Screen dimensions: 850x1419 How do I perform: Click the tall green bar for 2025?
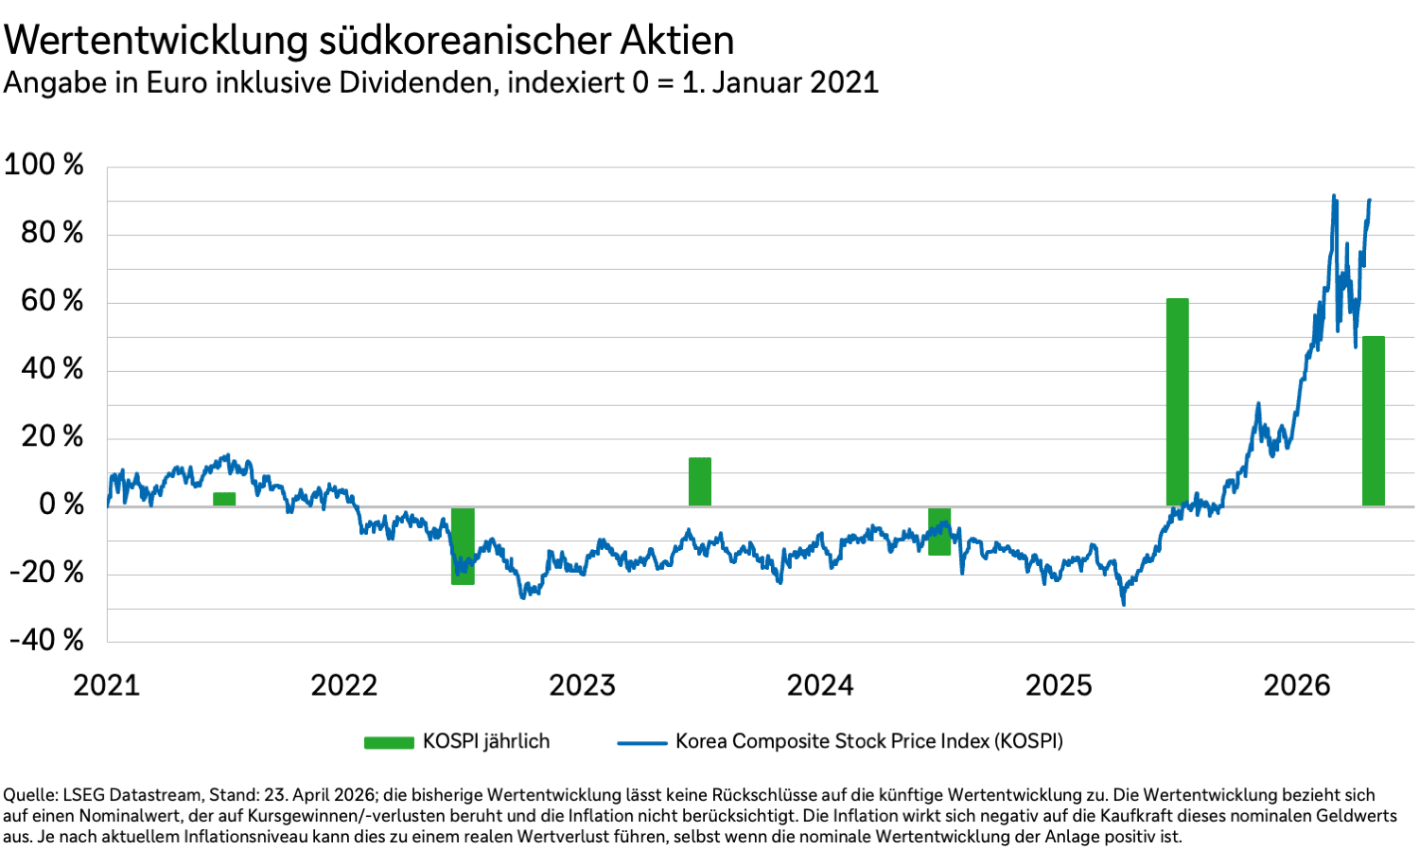click(x=1177, y=402)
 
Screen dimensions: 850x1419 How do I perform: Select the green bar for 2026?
click(x=1373, y=421)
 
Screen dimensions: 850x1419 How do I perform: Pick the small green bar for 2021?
click(x=224, y=499)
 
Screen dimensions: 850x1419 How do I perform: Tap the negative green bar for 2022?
click(x=463, y=546)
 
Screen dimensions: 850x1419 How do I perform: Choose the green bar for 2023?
click(x=700, y=482)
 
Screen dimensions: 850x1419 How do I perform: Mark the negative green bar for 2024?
click(x=939, y=532)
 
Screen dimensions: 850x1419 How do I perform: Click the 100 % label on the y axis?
click(x=44, y=165)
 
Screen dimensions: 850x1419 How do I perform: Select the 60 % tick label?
click(x=52, y=301)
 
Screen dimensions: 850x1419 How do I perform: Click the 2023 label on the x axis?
click(x=582, y=685)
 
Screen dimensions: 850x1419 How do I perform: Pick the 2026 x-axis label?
click(x=1297, y=685)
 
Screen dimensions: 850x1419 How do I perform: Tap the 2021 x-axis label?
click(x=106, y=685)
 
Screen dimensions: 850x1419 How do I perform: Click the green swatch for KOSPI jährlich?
click(x=389, y=743)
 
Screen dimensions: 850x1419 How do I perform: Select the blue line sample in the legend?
click(x=642, y=743)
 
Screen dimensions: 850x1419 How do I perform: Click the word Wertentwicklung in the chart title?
click(x=156, y=41)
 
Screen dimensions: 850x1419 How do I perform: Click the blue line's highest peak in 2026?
click(x=1334, y=196)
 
